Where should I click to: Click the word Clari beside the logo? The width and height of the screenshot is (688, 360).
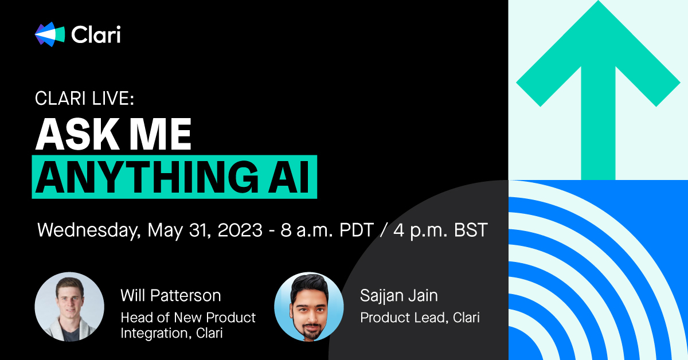96,34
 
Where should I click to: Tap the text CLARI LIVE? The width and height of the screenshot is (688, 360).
84,99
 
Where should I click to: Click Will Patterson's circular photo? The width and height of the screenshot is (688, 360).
69,307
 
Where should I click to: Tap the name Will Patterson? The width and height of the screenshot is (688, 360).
170,296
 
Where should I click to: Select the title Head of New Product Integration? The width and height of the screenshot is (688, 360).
187,324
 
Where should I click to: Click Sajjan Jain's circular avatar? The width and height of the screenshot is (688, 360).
309,307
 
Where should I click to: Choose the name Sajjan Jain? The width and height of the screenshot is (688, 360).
399,296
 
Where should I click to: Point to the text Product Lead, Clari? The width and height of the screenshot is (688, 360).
420,317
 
